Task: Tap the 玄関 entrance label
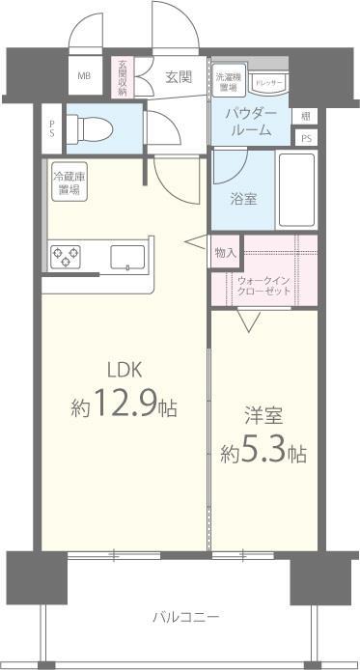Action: click(177, 76)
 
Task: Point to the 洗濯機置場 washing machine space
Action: click(229, 81)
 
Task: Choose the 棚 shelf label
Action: click(304, 116)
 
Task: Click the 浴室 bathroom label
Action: click(242, 200)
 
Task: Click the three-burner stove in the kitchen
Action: click(65, 257)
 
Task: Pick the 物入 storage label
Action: click(225, 252)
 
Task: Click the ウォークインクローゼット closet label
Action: click(263, 286)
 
